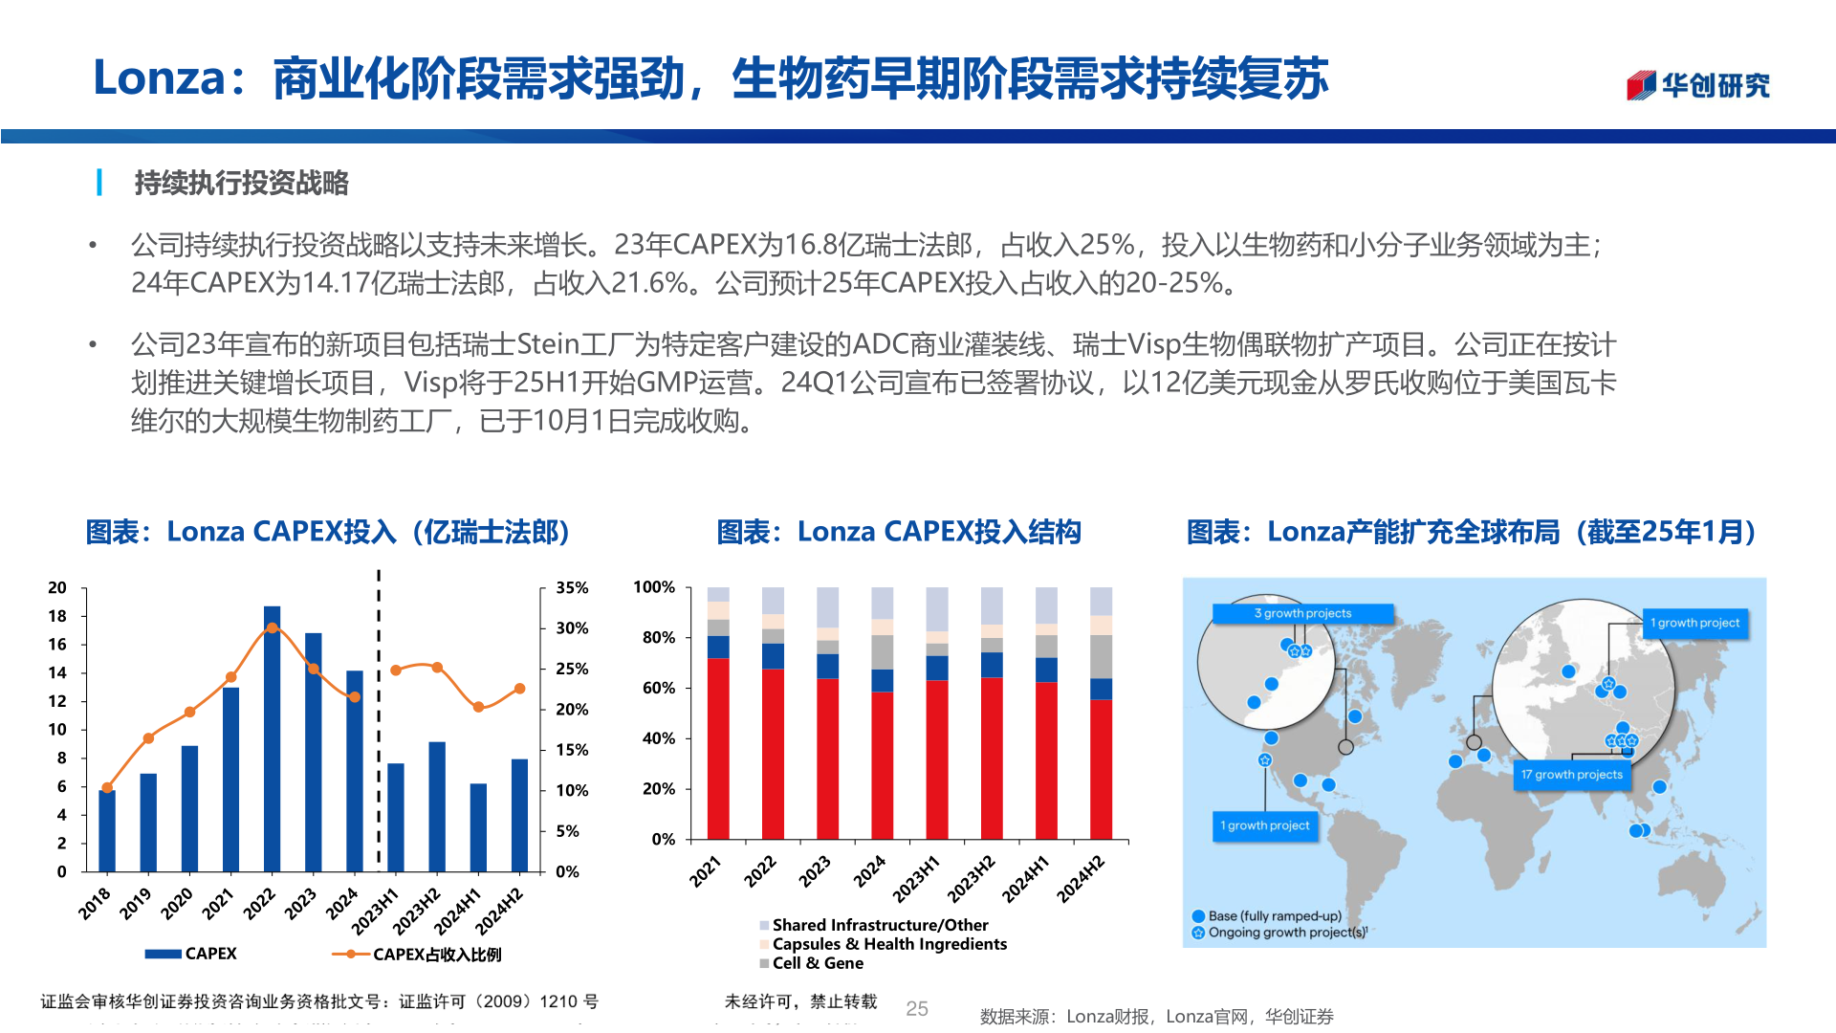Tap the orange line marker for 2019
click(148, 738)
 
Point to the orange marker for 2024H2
click(520, 689)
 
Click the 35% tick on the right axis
click(572, 588)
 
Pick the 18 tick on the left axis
click(57, 616)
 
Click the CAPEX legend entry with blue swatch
click(191, 954)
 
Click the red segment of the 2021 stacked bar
click(718, 748)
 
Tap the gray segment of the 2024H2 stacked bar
click(1102, 656)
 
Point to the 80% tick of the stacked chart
click(658, 638)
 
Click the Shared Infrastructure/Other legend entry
click(879, 925)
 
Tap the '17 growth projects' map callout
click(1572, 775)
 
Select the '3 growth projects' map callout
click(1302, 613)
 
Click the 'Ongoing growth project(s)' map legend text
click(1286, 933)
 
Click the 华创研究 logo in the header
click(1698, 85)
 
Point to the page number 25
click(917, 1008)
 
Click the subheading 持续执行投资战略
click(241, 183)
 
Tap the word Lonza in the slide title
click(159, 77)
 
